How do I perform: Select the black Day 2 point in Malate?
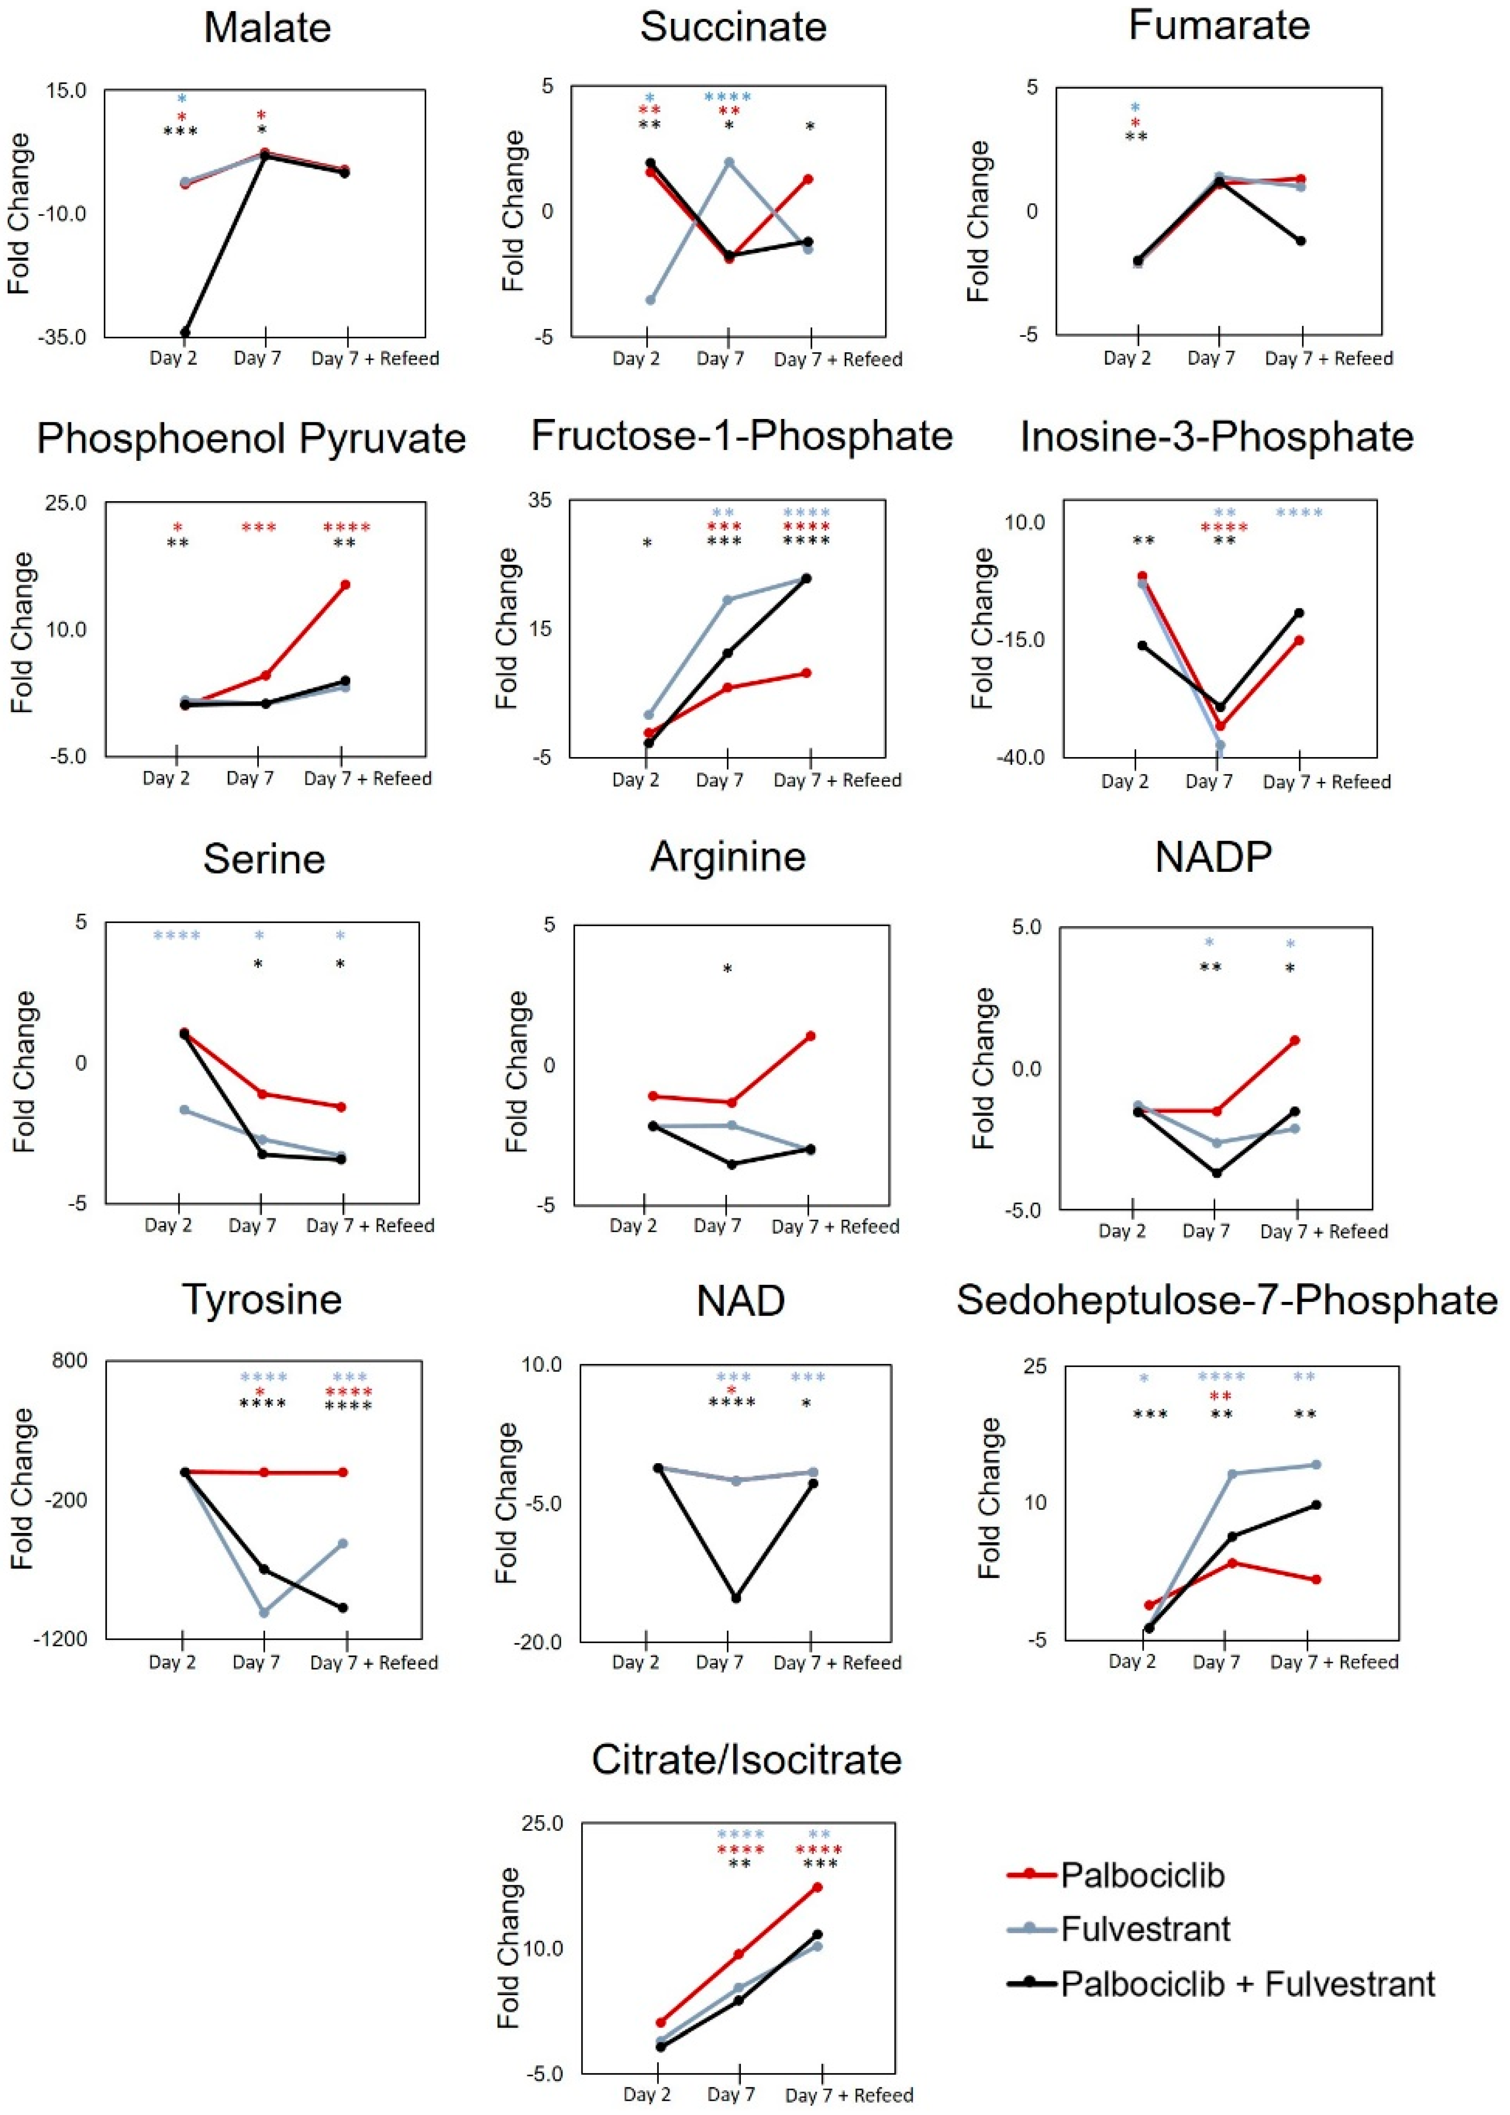tap(185, 332)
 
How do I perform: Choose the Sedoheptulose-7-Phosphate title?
tap(1226, 1299)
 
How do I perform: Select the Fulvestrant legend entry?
tap(1146, 1929)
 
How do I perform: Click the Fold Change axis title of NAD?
tap(507, 1502)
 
